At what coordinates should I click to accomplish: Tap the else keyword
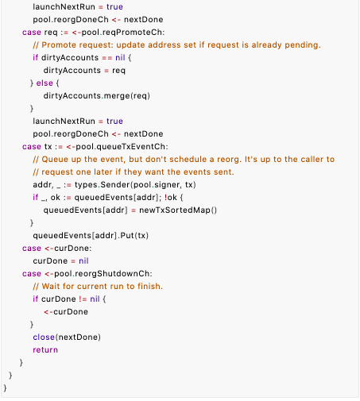click(45, 83)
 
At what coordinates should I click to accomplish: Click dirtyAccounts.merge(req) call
click(97, 96)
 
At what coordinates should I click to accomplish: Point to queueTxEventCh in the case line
click(131, 147)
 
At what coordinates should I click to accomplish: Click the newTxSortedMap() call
click(178, 210)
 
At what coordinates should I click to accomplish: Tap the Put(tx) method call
click(134, 236)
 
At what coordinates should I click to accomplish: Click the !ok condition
click(171, 198)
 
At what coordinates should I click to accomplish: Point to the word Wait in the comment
click(51, 287)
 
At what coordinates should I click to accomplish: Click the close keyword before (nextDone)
click(44, 337)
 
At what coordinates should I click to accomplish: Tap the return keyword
click(45, 350)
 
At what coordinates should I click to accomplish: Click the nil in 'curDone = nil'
click(83, 261)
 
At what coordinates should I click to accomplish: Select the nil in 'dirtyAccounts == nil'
click(120, 58)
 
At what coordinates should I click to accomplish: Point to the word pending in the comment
click(301, 45)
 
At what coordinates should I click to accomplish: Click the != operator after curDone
click(83, 299)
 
